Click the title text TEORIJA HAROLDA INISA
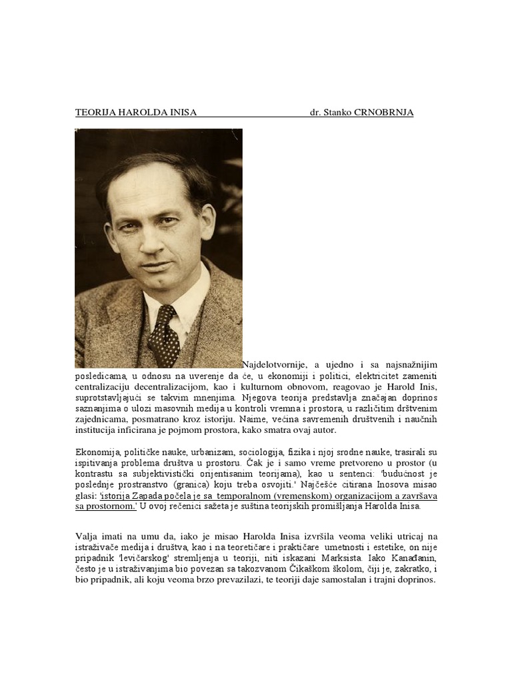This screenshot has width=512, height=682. click(x=135, y=113)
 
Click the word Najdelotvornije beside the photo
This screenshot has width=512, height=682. click(x=273, y=364)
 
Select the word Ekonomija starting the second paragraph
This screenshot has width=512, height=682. click(x=97, y=453)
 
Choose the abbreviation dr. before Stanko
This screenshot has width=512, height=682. click(x=315, y=113)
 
